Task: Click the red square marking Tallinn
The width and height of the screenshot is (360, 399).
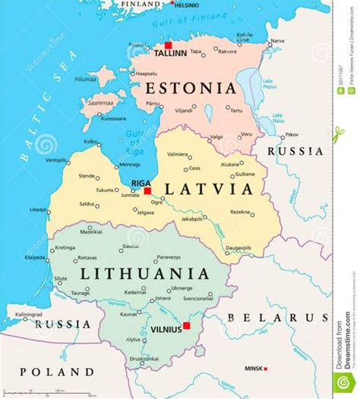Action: [168, 46]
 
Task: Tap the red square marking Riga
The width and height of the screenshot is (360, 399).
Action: [147, 190]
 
